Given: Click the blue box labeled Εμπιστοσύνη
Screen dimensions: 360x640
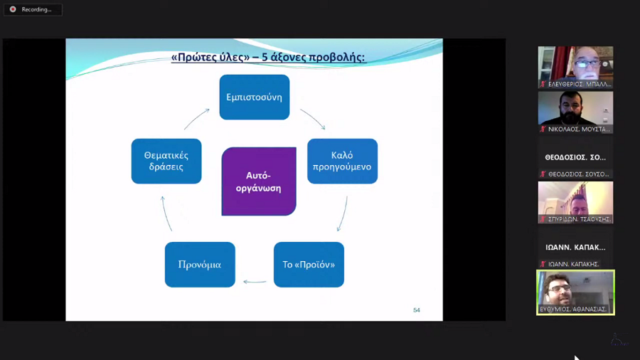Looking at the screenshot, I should pos(254,97).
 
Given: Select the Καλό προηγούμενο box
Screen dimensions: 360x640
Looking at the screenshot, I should pos(342,162).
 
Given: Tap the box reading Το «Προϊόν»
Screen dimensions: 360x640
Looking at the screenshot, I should pos(309,265).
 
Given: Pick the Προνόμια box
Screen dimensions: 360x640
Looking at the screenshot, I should pos(200,265).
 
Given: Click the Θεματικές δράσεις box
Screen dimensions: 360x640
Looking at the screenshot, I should pos(166,162).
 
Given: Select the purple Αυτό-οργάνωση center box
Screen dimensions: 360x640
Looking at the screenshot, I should pos(259,181).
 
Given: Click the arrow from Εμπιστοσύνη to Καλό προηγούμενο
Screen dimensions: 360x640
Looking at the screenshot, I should pos(313,119).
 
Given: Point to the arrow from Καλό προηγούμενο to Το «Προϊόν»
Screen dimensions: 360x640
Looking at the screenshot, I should pos(342,213).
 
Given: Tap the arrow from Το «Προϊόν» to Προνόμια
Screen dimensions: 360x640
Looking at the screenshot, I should pos(255,282).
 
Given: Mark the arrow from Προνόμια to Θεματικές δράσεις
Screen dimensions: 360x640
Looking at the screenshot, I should pos(166,213).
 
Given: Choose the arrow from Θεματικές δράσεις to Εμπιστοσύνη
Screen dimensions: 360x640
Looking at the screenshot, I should pos(197,119).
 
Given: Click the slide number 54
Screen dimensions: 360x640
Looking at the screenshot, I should pos(417,310).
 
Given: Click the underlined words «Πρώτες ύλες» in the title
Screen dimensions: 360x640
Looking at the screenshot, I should pos(203,57).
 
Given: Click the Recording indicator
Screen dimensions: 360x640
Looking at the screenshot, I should pos(33,9).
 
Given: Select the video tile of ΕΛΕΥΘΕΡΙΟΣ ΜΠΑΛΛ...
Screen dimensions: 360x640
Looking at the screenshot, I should pos(575,67).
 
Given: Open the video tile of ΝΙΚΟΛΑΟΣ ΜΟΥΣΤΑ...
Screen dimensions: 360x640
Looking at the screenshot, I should pos(575,112).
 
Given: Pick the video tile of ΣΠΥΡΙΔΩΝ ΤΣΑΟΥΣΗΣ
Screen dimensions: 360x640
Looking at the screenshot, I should pos(575,202).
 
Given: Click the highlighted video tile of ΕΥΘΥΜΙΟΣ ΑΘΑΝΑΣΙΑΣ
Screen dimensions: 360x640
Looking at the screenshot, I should pos(575,292).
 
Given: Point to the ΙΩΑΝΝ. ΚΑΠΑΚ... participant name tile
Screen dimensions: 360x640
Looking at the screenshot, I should pos(575,248).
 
